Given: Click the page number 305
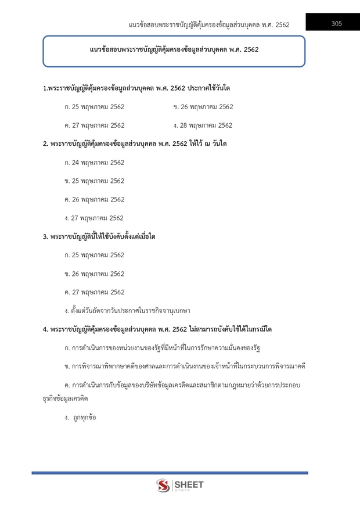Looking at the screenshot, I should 336,24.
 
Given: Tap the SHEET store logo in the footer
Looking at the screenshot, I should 180,485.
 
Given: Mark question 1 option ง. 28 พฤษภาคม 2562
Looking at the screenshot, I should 203,125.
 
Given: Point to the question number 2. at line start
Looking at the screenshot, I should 45,144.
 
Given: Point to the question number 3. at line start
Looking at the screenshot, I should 45,237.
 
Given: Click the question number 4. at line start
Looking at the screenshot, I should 45,330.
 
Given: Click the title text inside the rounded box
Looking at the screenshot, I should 174,50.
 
